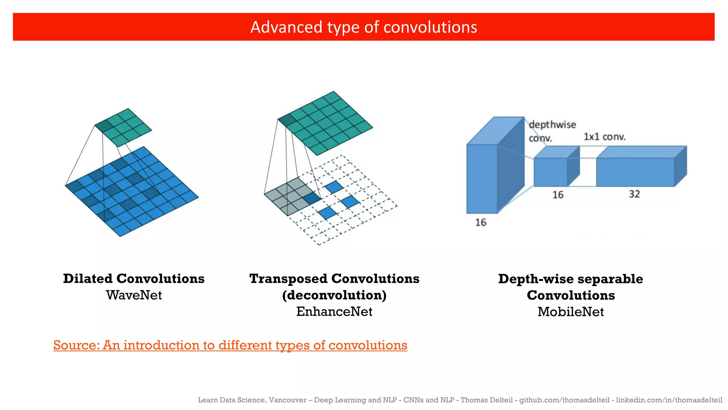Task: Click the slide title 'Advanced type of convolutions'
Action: coord(364,27)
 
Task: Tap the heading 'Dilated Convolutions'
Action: coord(134,279)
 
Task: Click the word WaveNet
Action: coord(134,295)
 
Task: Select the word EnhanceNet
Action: coord(334,311)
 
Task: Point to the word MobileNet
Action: coord(571,312)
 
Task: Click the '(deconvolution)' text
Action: coord(334,295)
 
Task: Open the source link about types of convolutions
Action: coord(230,345)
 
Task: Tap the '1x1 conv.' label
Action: coord(604,137)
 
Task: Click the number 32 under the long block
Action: coord(634,194)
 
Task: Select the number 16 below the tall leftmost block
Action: coord(481,222)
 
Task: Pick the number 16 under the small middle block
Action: coord(558,195)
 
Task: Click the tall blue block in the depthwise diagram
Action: coord(482,178)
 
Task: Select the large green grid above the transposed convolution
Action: coord(325,123)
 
